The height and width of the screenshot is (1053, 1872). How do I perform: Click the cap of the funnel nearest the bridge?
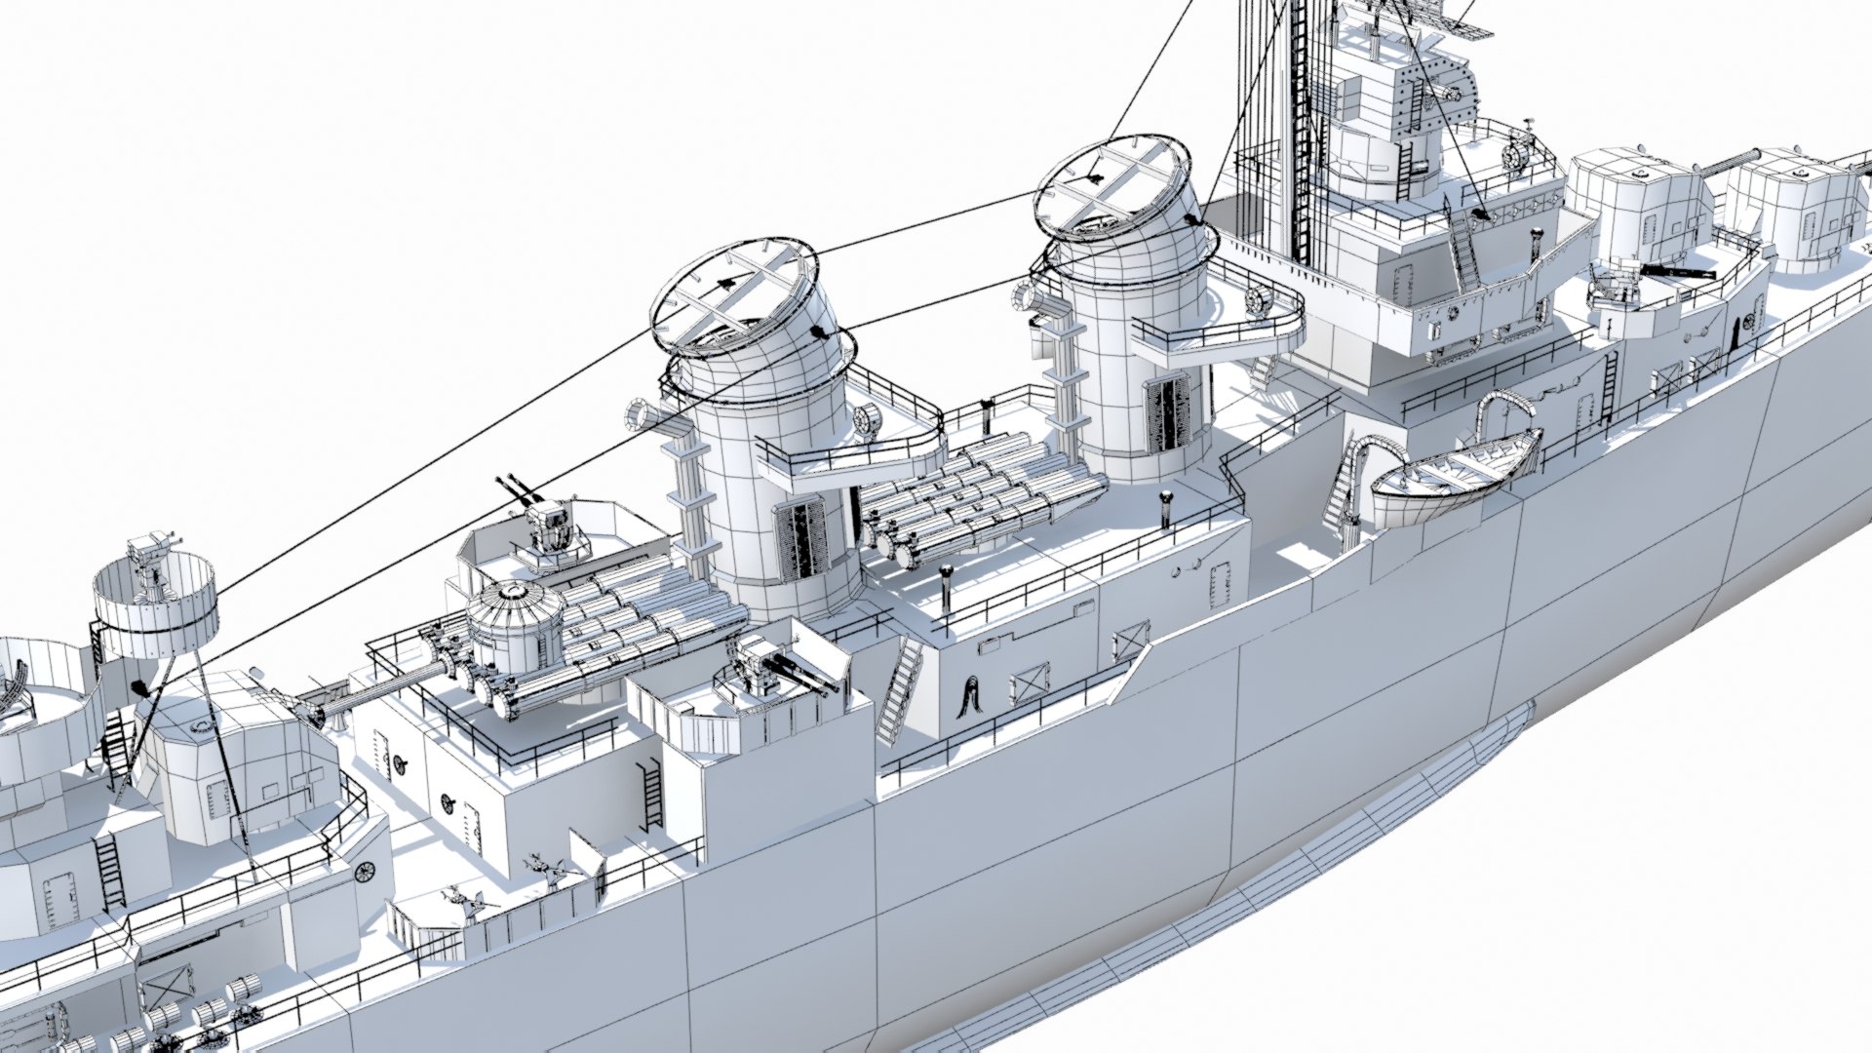coord(1111,187)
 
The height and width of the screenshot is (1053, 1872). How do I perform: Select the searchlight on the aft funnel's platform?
coord(865,420)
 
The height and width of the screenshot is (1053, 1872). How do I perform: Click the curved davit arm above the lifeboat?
coord(1501,409)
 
